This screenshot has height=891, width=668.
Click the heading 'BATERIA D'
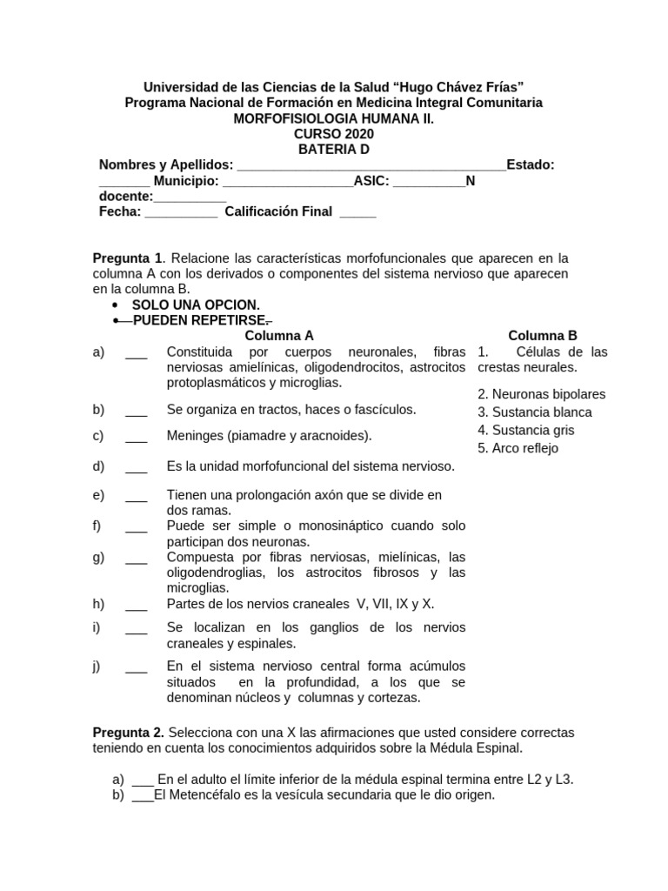click(x=334, y=150)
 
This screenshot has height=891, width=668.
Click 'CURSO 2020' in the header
click(x=334, y=134)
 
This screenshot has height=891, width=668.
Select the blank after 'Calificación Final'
click(x=357, y=211)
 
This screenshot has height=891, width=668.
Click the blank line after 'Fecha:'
click(x=181, y=211)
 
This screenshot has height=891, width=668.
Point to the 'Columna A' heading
click(x=278, y=335)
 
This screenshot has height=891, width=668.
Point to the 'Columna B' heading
click(x=542, y=335)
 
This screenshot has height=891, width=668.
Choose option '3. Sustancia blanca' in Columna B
click(x=534, y=412)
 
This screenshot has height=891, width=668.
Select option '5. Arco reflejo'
click(x=518, y=449)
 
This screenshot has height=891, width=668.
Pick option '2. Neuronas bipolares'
click(x=541, y=394)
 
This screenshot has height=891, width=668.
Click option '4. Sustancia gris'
click(x=525, y=431)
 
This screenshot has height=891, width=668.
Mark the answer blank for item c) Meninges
click(x=136, y=436)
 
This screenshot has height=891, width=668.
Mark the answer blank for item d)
click(x=136, y=466)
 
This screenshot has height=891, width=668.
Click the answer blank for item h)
click(x=136, y=604)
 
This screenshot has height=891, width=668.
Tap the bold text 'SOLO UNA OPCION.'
click(x=196, y=305)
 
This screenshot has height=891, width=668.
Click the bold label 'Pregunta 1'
click(x=128, y=258)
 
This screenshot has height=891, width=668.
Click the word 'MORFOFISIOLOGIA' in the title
click(x=289, y=118)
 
